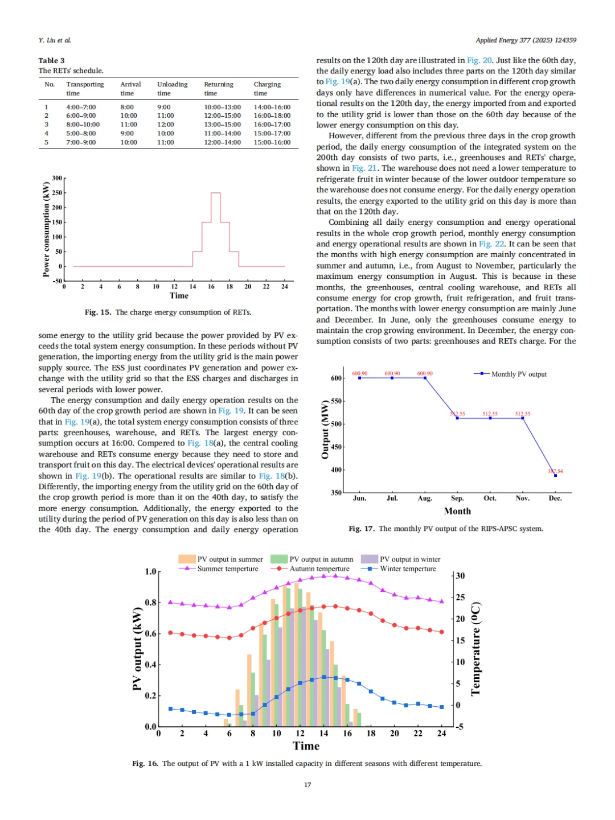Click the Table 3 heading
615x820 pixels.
point(51,60)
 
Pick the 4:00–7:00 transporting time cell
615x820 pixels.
point(81,107)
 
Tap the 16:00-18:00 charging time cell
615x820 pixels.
point(272,116)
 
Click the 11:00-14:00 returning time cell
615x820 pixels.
point(222,133)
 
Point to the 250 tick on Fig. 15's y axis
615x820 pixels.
point(57,193)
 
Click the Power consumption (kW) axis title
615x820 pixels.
point(46,229)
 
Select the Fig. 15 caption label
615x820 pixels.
point(98,312)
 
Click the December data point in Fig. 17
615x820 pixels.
point(555,475)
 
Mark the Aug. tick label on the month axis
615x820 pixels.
point(425,498)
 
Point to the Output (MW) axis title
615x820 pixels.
point(325,430)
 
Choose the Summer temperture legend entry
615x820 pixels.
point(227,568)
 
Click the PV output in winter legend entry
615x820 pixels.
point(409,559)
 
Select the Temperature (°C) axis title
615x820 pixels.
point(476,649)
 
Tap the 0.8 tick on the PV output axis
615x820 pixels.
point(150,603)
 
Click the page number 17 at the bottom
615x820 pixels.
point(307,785)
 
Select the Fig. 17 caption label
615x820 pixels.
point(362,529)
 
